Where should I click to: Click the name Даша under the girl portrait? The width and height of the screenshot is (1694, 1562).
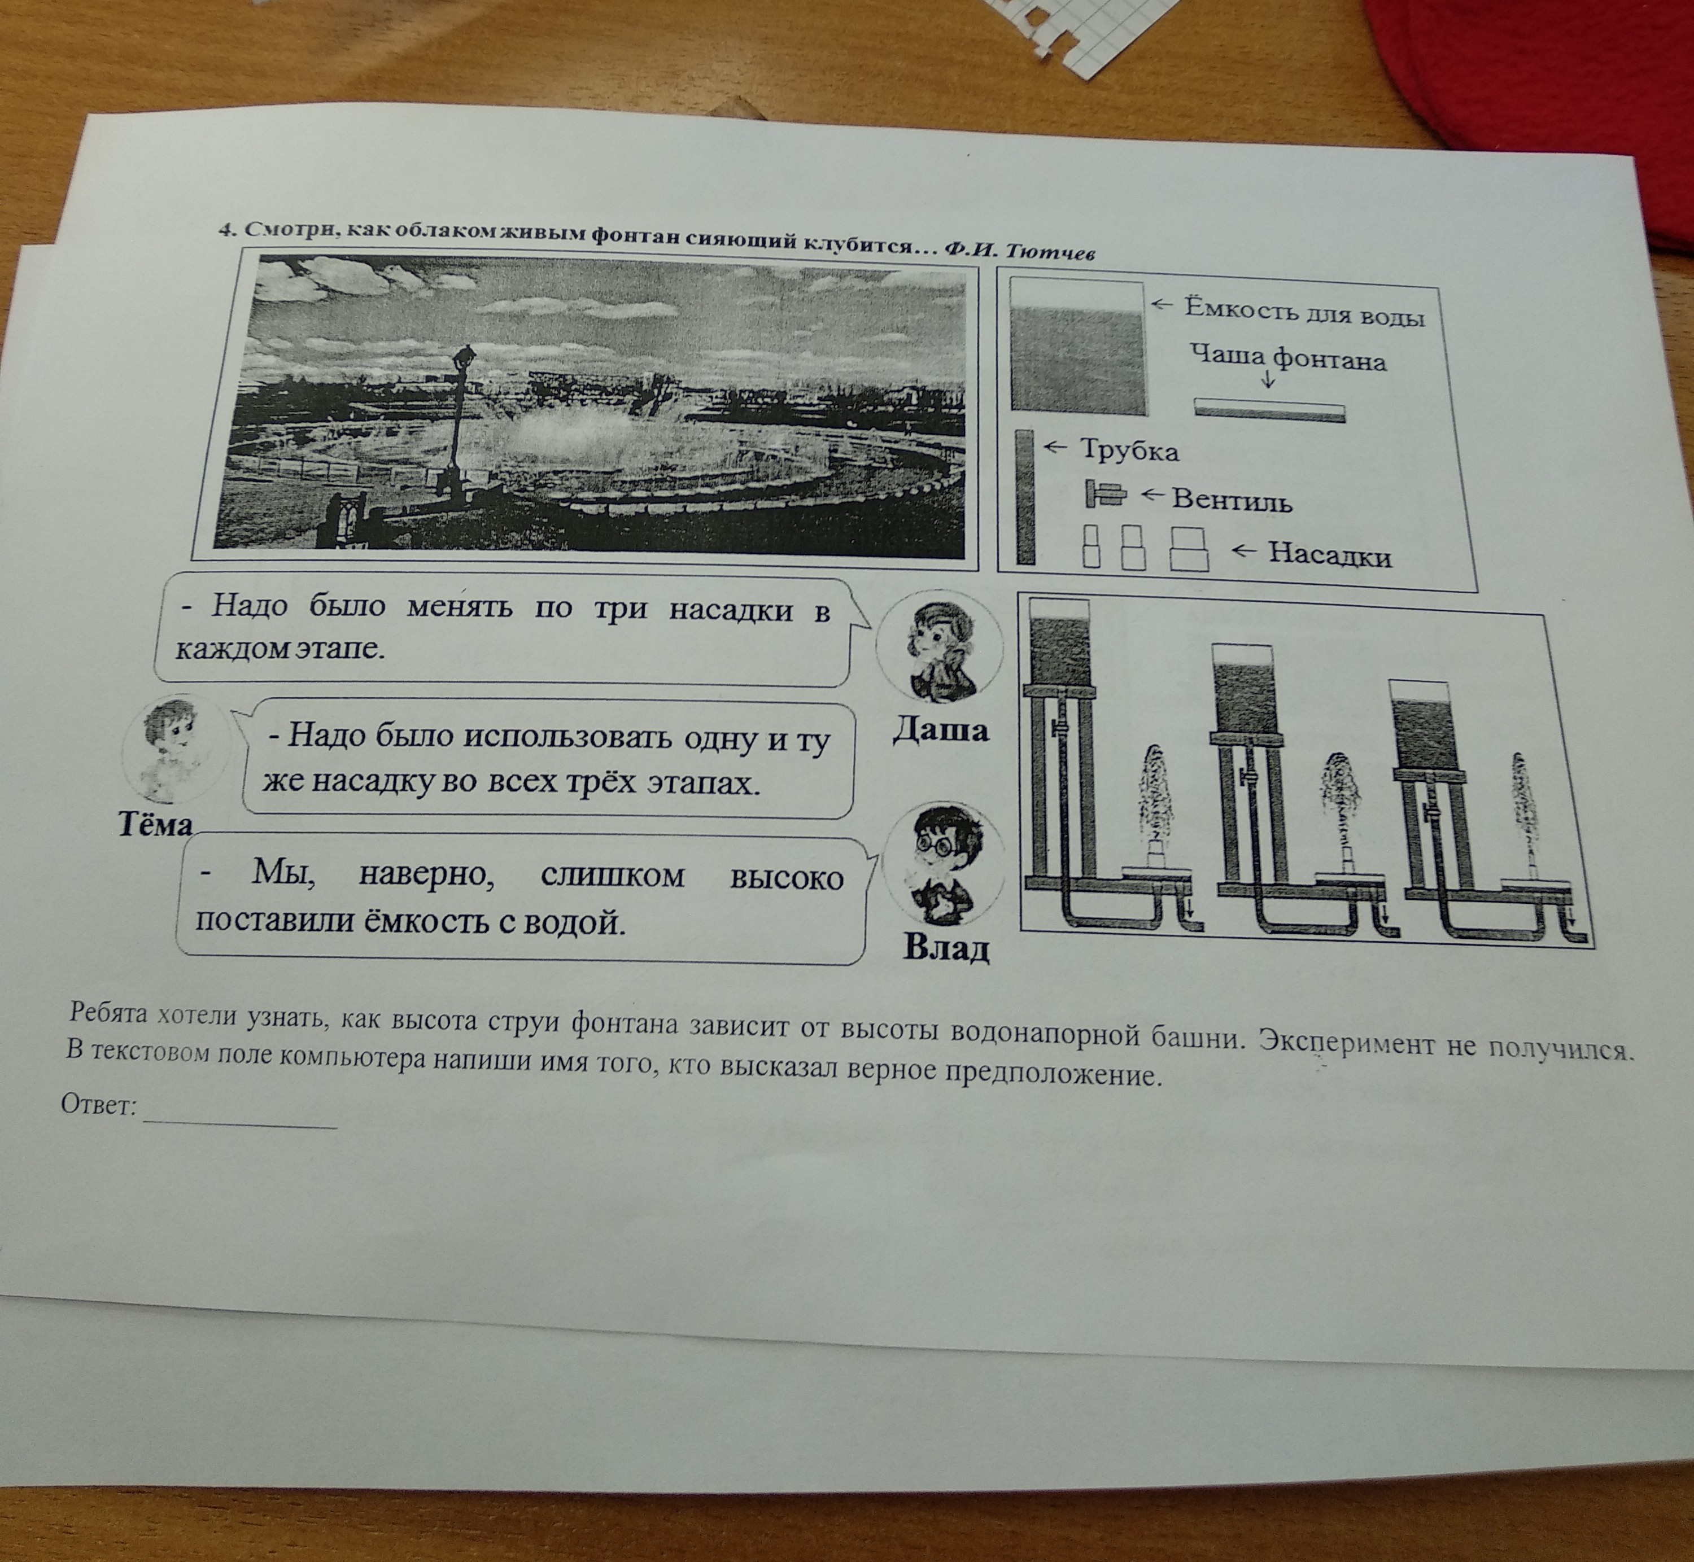pos(941,729)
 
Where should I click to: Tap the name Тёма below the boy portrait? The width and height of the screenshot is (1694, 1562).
pos(155,824)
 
